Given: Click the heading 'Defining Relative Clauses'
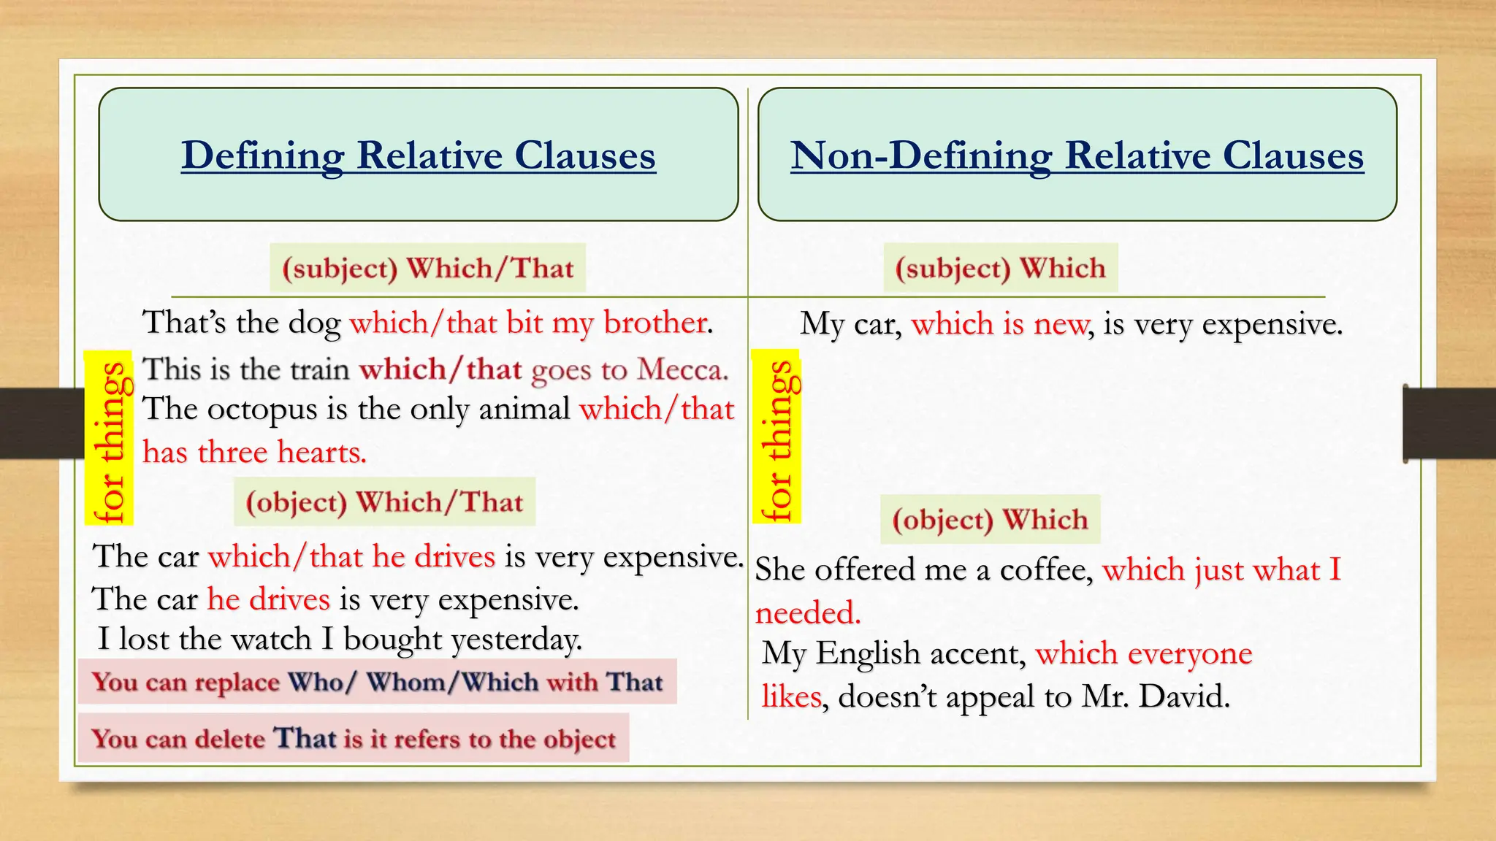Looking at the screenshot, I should point(419,155).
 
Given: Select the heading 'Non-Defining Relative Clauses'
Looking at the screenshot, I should point(1077,155).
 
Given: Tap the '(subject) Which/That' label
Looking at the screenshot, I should point(428,269).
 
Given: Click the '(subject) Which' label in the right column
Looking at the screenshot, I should point(1000,269).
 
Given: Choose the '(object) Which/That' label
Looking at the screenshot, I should point(384,502).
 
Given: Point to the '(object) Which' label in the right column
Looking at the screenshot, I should point(990,520).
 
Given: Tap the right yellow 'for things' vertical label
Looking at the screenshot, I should point(777,439).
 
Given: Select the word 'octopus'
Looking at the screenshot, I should point(262,410).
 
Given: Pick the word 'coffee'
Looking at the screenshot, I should point(1045,570).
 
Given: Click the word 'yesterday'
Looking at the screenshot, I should point(516,640).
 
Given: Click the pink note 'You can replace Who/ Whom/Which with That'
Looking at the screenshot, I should point(378,682).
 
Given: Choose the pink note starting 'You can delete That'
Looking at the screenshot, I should point(354,739).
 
